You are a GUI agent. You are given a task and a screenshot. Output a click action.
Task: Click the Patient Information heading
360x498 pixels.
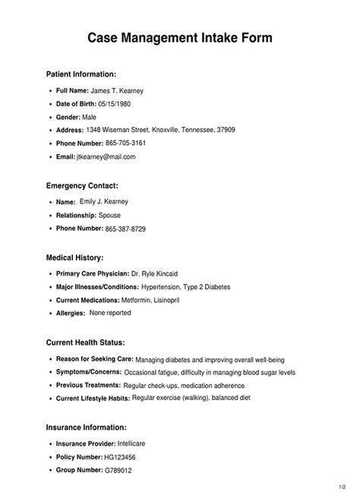pos(81,74)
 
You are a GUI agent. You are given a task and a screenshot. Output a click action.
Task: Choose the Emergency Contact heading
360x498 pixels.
pos(82,185)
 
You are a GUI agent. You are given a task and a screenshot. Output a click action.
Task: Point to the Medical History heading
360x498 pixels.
pos(74,258)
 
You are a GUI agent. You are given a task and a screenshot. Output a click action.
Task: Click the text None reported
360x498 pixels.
pos(109,313)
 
